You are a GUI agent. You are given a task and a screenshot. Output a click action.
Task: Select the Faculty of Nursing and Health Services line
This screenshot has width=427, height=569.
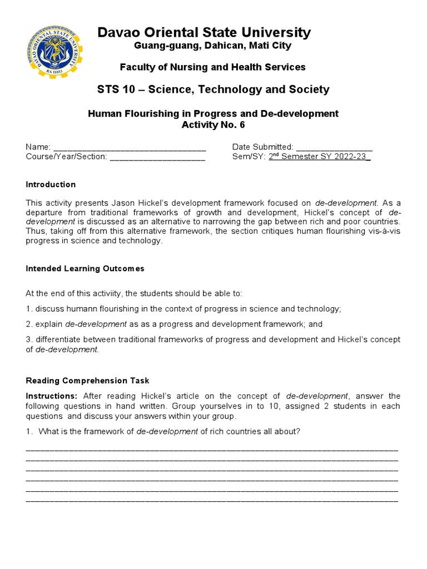pos(213,67)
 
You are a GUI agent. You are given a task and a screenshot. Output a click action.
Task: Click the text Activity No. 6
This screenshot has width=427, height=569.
pos(213,124)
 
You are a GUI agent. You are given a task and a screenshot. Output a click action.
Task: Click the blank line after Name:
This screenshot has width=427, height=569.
pos(130,147)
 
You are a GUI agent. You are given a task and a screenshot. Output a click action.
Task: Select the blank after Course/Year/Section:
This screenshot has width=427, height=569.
pos(157,157)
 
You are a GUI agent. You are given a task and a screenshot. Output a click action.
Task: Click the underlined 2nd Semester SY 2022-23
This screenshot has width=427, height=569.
pos(319,157)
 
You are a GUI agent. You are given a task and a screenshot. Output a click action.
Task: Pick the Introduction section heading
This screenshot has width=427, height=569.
pos(51,184)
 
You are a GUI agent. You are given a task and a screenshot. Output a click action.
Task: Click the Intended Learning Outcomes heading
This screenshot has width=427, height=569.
pos(85,268)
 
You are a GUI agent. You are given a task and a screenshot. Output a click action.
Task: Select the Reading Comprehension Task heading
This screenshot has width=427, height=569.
pos(88,381)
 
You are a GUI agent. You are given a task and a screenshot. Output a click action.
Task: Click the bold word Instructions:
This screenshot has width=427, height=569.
pos(52,396)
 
